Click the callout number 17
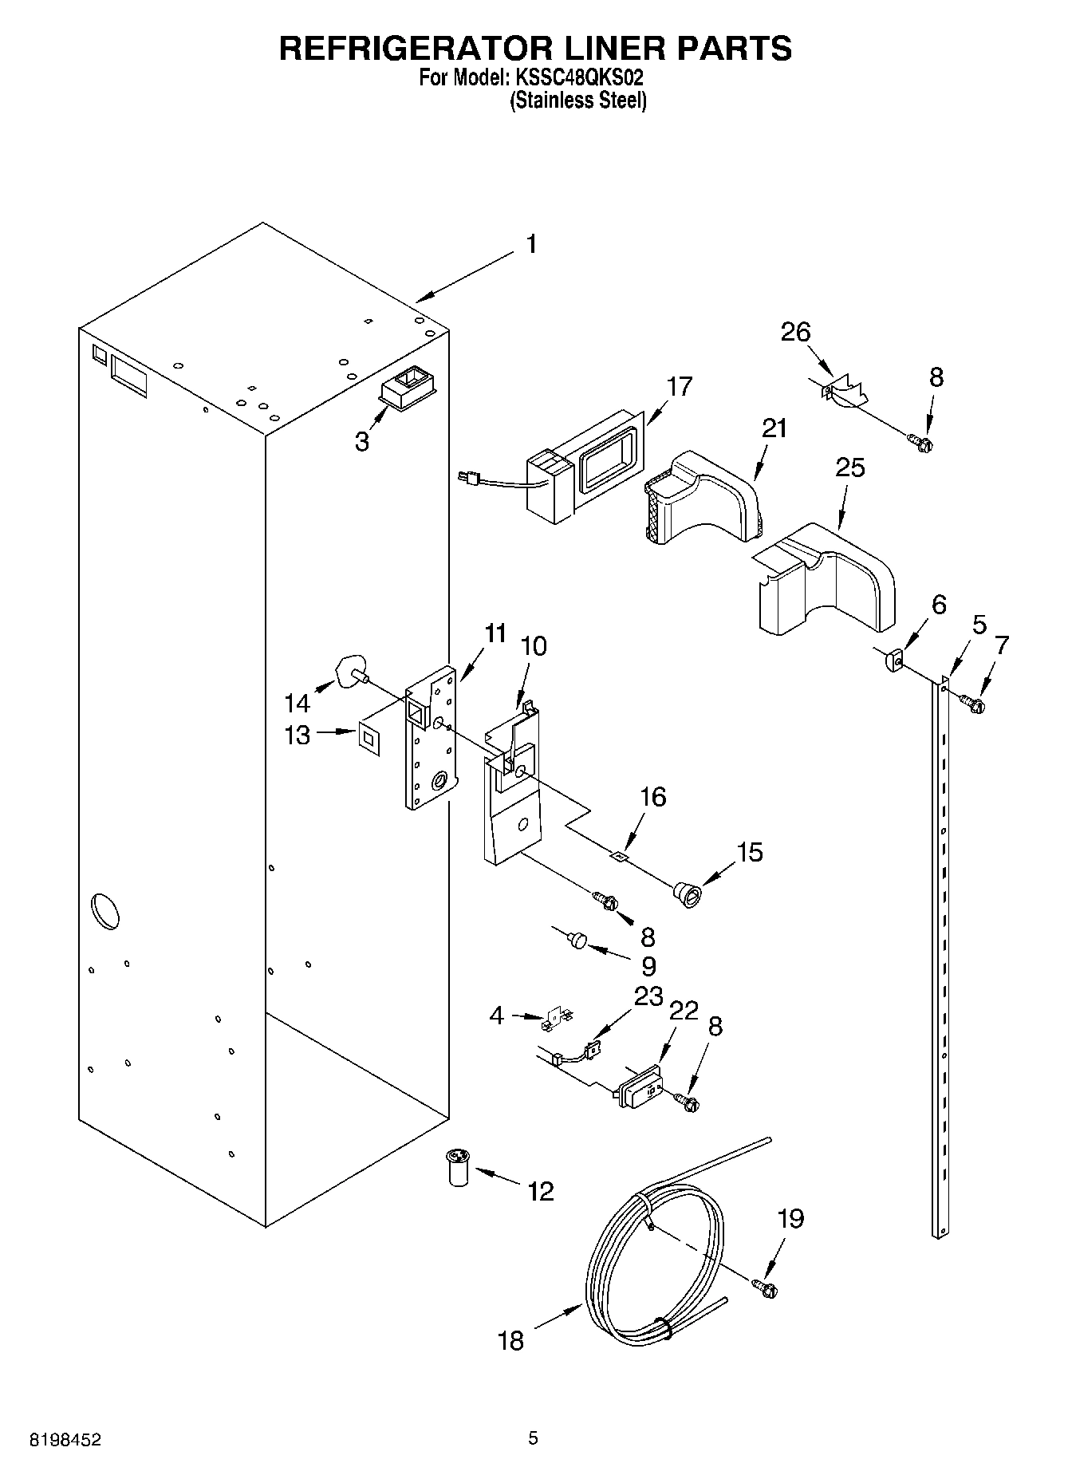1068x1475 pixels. click(x=680, y=387)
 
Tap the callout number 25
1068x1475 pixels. click(x=849, y=467)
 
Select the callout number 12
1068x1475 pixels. click(x=540, y=1191)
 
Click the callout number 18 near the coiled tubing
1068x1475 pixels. click(x=510, y=1340)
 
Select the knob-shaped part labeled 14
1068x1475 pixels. click(x=352, y=668)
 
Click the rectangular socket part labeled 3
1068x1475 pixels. click(x=407, y=392)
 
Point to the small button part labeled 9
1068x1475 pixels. click(x=577, y=942)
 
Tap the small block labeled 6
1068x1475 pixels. click(x=893, y=661)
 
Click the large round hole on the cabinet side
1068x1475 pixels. click(x=105, y=913)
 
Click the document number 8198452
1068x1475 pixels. click(x=65, y=1440)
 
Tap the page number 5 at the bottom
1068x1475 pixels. click(x=533, y=1438)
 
